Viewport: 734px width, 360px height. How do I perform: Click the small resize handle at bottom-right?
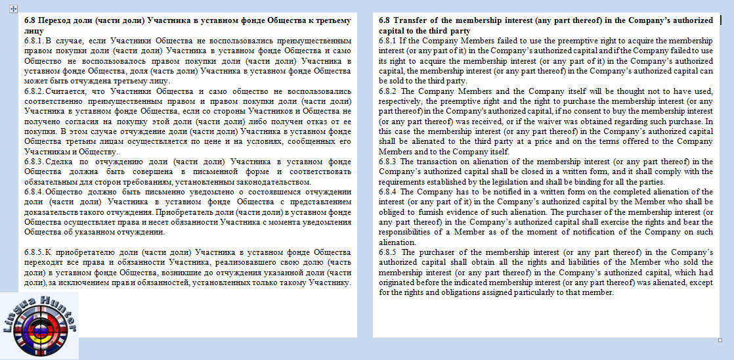pyautogui.click(x=720, y=340)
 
